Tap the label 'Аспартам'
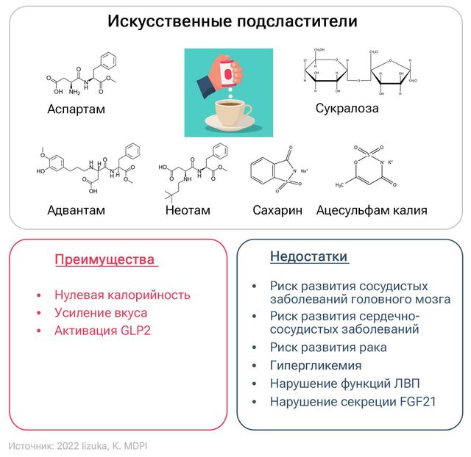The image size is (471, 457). [77, 109]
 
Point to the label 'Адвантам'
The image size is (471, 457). [76, 210]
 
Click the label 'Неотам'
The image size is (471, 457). [188, 210]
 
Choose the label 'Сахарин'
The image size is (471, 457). [277, 210]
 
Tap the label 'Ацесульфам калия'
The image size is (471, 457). [372, 210]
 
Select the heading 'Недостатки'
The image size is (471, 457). [309, 256]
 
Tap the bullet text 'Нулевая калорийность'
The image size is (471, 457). [122, 295]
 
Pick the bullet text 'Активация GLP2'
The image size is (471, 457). [102, 331]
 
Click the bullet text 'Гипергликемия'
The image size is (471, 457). [316, 365]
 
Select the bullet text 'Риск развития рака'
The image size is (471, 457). [328, 347]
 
